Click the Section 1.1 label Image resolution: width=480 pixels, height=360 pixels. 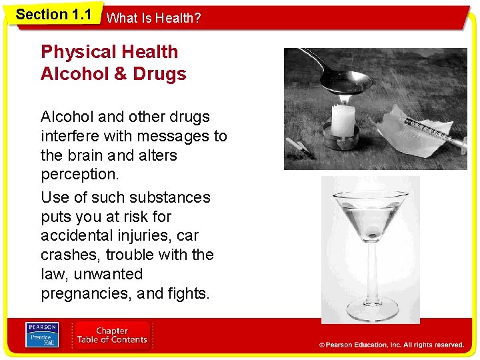point(53,15)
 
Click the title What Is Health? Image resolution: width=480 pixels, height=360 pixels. point(153,18)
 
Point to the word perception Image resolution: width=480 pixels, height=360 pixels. point(80,175)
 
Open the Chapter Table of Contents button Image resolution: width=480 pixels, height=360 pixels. point(112,335)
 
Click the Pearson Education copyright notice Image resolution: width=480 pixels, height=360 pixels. point(391,345)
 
